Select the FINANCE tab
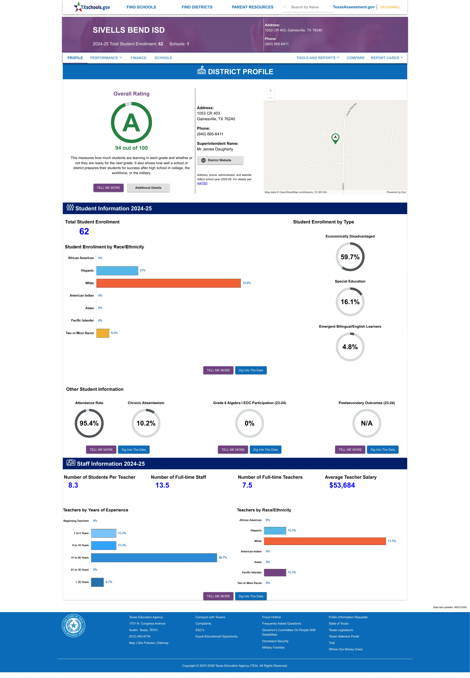pyautogui.click(x=138, y=58)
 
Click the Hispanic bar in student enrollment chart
pyautogui.click(x=117, y=271)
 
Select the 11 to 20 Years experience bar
pyautogui.click(x=154, y=557)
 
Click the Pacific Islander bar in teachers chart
pyautogui.click(x=275, y=572)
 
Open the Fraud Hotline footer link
pyautogui.click(x=271, y=617)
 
